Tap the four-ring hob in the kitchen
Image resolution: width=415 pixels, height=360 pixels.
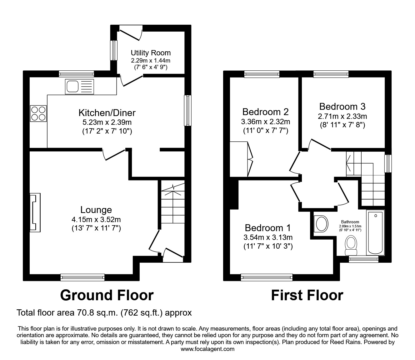point(38,114)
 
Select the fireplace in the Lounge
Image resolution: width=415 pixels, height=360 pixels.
point(35,212)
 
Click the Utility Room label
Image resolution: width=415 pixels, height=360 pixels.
point(151,53)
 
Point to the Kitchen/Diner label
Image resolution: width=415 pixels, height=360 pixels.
point(107,112)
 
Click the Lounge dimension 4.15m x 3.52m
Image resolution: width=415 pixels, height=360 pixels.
point(96,220)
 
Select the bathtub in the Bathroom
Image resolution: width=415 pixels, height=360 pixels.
point(375,233)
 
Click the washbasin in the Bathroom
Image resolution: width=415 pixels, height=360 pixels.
point(321,224)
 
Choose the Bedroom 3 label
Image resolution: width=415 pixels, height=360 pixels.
point(342,106)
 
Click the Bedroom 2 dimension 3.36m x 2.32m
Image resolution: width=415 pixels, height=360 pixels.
point(265,121)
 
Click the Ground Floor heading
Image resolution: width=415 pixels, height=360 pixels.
point(107,295)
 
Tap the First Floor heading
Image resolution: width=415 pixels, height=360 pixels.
point(307,295)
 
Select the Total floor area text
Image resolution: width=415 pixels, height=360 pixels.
point(104,312)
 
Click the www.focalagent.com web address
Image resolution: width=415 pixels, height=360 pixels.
point(207,349)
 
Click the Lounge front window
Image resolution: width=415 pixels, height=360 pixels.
point(82,277)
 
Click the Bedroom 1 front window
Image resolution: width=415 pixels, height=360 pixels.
point(267,277)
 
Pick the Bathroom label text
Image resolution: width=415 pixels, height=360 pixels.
point(350,222)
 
